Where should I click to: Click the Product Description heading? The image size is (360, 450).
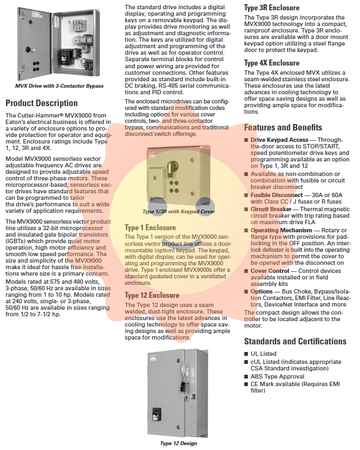pyautogui.click(x=42, y=103)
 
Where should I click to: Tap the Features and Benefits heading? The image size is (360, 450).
pyautogui.click(x=283, y=127)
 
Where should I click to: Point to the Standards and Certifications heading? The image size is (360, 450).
pyautogui.click(x=295, y=341)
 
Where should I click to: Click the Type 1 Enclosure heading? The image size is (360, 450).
pyautogui.click(x=150, y=227)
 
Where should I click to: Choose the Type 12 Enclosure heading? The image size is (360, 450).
pyautogui.click(x=152, y=296)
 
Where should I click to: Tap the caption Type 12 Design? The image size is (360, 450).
pyautogui.click(x=179, y=444)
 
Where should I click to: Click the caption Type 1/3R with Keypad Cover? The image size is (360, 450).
pyautogui.click(x=179, y=212)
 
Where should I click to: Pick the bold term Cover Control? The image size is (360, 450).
pyautogui.click(x=270, y=270)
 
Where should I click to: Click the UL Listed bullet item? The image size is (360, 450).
pyautogui.click(x=263, y=354)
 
